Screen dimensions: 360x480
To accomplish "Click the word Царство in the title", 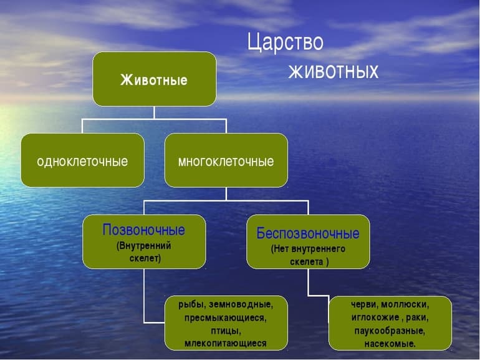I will click(x=285, y=43).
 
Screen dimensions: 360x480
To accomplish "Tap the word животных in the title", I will click(x=333, y=71).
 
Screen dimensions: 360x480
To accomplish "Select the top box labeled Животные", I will click(x=154, y=79).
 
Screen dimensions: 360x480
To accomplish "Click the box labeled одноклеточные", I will click(x=82, y=161).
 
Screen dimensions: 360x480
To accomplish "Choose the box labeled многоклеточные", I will click(x=226, y=161).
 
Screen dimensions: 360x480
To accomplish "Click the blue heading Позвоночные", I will click(x=143, y=230).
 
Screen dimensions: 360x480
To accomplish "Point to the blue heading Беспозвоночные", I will click(x=308, y=234).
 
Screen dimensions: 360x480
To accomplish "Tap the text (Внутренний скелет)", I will click(x=143, y=251).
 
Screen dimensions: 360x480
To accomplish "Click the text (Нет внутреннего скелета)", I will click(x=308, y=255).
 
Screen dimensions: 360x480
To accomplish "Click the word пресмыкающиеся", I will click(x=225, y=318).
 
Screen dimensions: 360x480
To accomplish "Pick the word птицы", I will click(x=226, y=330).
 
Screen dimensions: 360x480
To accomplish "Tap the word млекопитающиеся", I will click(x=226, y=343).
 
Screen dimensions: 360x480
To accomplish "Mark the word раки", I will click(x=418, y=318).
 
